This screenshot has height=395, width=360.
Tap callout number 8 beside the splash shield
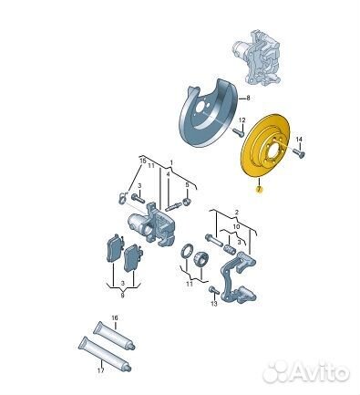tap(248, 98)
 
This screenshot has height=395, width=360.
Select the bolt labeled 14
tap(299, 152)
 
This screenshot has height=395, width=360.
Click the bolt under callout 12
tap(239, 133)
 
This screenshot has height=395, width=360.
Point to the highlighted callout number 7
tap(259, 190)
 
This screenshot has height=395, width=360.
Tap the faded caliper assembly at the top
tap(255, 57)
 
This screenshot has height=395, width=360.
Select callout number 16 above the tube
tap(114, 318)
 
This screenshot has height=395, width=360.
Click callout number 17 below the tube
tap(101, 370)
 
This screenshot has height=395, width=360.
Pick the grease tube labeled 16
tap(114, 336)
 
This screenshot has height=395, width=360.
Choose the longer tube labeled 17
tap(104, 354)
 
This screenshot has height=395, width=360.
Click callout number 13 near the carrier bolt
tap(214, 304)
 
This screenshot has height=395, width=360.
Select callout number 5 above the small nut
tap(187, 184)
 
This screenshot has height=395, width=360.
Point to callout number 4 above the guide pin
tap(168, 174)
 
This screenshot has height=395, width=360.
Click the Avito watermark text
tap(306, 372)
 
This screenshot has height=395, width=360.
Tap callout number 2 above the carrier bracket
tap(237, 212)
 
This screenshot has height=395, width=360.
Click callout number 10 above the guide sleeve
tap(236, 226)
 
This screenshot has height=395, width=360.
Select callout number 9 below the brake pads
tap(122, 296)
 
